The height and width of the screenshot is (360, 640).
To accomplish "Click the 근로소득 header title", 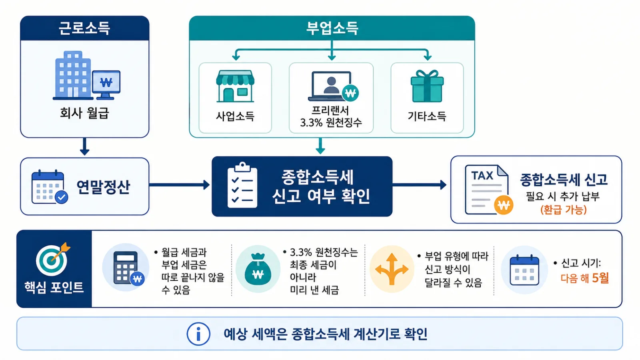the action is (x=84, y=28).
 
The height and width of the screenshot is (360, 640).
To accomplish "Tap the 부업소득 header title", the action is (x=332, y=28).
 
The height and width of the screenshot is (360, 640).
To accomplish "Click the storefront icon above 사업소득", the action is (x=235, y=86).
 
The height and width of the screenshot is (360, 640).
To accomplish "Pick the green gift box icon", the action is (x=427, y=86).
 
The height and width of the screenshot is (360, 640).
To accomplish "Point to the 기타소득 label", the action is (x=427, y=116).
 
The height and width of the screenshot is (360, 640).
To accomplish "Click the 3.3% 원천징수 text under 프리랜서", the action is (x=331, y=122).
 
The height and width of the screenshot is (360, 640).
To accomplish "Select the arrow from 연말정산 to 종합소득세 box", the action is (x=180, y=185).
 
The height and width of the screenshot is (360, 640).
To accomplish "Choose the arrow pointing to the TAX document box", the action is (x=420, y=185).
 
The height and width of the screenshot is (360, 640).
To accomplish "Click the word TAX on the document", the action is (x=482, y=176).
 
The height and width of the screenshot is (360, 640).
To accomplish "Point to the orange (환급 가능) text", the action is (x=563, y=210).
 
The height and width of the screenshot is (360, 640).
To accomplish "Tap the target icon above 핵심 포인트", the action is (x=53, y=260).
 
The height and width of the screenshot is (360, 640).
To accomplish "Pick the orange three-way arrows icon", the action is (x=392, y=269).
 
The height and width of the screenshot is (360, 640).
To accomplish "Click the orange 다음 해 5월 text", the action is (x=584, y=278).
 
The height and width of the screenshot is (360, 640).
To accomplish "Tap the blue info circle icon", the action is (x=198, y=334).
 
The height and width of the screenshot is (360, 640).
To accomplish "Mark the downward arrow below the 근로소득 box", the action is (x=84, y=146).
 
